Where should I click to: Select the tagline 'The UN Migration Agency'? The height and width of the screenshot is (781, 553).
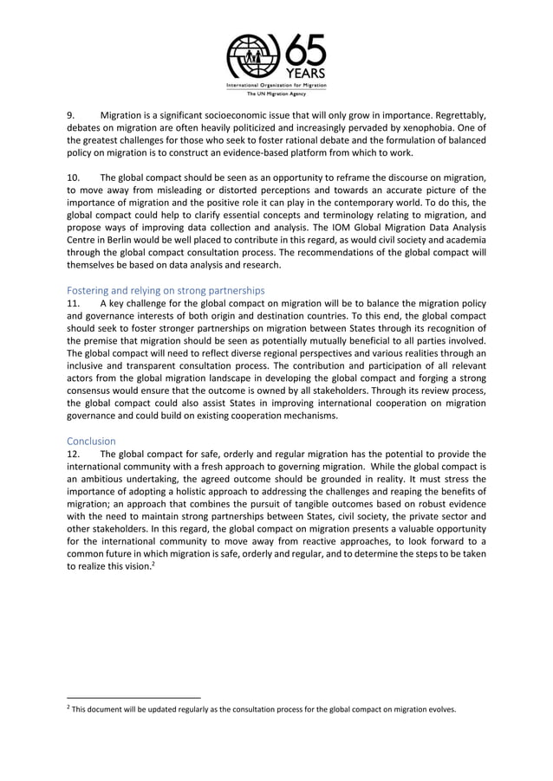click(x=276, y=94)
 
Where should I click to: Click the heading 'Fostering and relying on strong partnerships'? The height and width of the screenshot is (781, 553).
click(x=166, y=290)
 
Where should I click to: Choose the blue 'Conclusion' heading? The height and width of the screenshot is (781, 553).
click(x=93, y=441)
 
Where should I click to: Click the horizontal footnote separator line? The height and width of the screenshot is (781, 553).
click(x=133, y=695)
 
